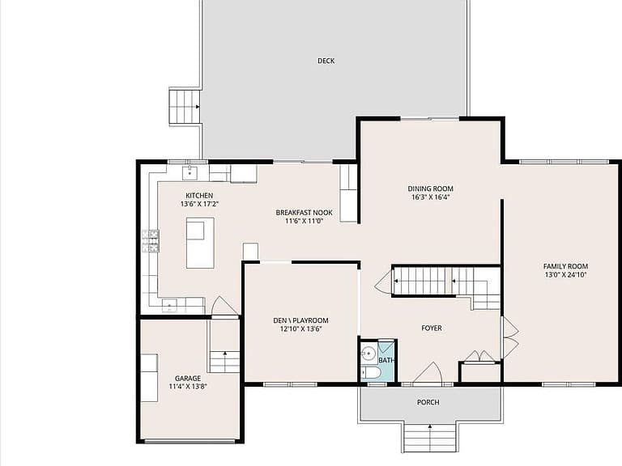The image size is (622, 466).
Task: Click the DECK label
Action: pyautogui.click(x=326, y=61)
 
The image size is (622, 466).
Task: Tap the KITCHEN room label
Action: pyautogui.click(x=199, y=195)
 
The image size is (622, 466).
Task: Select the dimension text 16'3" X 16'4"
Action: pyautogui.click(x=430, y=197)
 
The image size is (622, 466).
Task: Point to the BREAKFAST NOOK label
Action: pyautogui.click(x=305, y=213)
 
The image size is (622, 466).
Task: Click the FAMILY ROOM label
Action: pyautogui.click(x=565, y=266)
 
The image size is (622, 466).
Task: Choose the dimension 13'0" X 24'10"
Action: pyautogui.click(x=565, y=275)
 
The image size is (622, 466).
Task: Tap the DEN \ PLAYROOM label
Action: pyautogui.click(x=300, y=320)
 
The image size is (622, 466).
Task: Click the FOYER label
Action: pyautogui.click(x=432, y=328)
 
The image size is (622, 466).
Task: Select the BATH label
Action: pyautogui.click(x=386, y=360)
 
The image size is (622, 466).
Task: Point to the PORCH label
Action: pyautogui.click(x=428, y=402)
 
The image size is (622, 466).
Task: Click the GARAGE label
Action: pyautogui.click(x=188, y=379)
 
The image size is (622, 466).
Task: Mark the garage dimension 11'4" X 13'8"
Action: pyautogui.click(x=188, y=387)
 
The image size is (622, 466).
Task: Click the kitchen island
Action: pyautogui.click(x=200, y=243)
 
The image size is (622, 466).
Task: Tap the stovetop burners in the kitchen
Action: pyautogui.click(x=151, y=241)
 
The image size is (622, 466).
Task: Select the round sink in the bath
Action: pyautogui.click(x=369, y=353)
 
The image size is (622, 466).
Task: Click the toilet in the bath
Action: pyautogui.click(x=370, y=373)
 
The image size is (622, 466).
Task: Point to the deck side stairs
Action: pyautogui.click(x=185, y=107)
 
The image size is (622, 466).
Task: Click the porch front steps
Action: pyautogui.click(x=429, y=438)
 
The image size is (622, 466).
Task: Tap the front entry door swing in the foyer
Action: pyautogui.click(x=428, y=373)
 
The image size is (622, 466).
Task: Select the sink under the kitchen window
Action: pyautogui.click(x=190, y=173)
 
